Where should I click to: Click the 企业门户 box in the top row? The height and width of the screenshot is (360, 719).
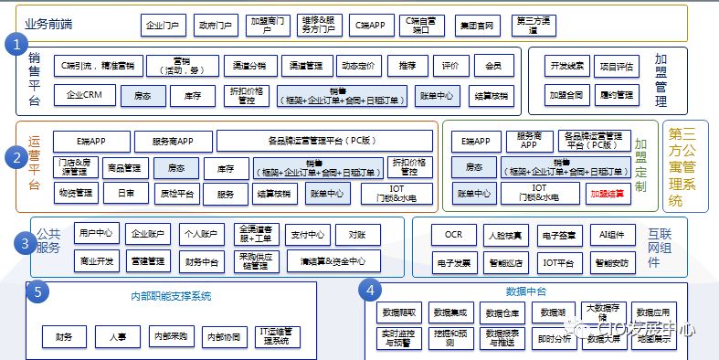[164, 26]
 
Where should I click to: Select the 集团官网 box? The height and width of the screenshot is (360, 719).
[478, 26]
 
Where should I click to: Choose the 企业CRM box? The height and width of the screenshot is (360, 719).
[85, 94]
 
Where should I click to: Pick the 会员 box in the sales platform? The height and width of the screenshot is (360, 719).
[493, 66]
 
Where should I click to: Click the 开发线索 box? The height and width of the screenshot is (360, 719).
[566, 66]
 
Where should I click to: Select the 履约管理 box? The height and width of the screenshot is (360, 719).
[618, 94]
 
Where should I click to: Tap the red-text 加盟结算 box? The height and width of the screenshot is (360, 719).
[608, 194]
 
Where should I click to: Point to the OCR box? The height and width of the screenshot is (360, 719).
[454, 235]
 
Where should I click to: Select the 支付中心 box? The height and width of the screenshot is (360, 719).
[308, 234]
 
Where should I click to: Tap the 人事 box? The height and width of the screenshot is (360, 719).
[118, 337]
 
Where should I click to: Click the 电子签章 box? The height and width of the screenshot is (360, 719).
[557, 235]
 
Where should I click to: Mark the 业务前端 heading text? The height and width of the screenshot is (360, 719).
[48, 22]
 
